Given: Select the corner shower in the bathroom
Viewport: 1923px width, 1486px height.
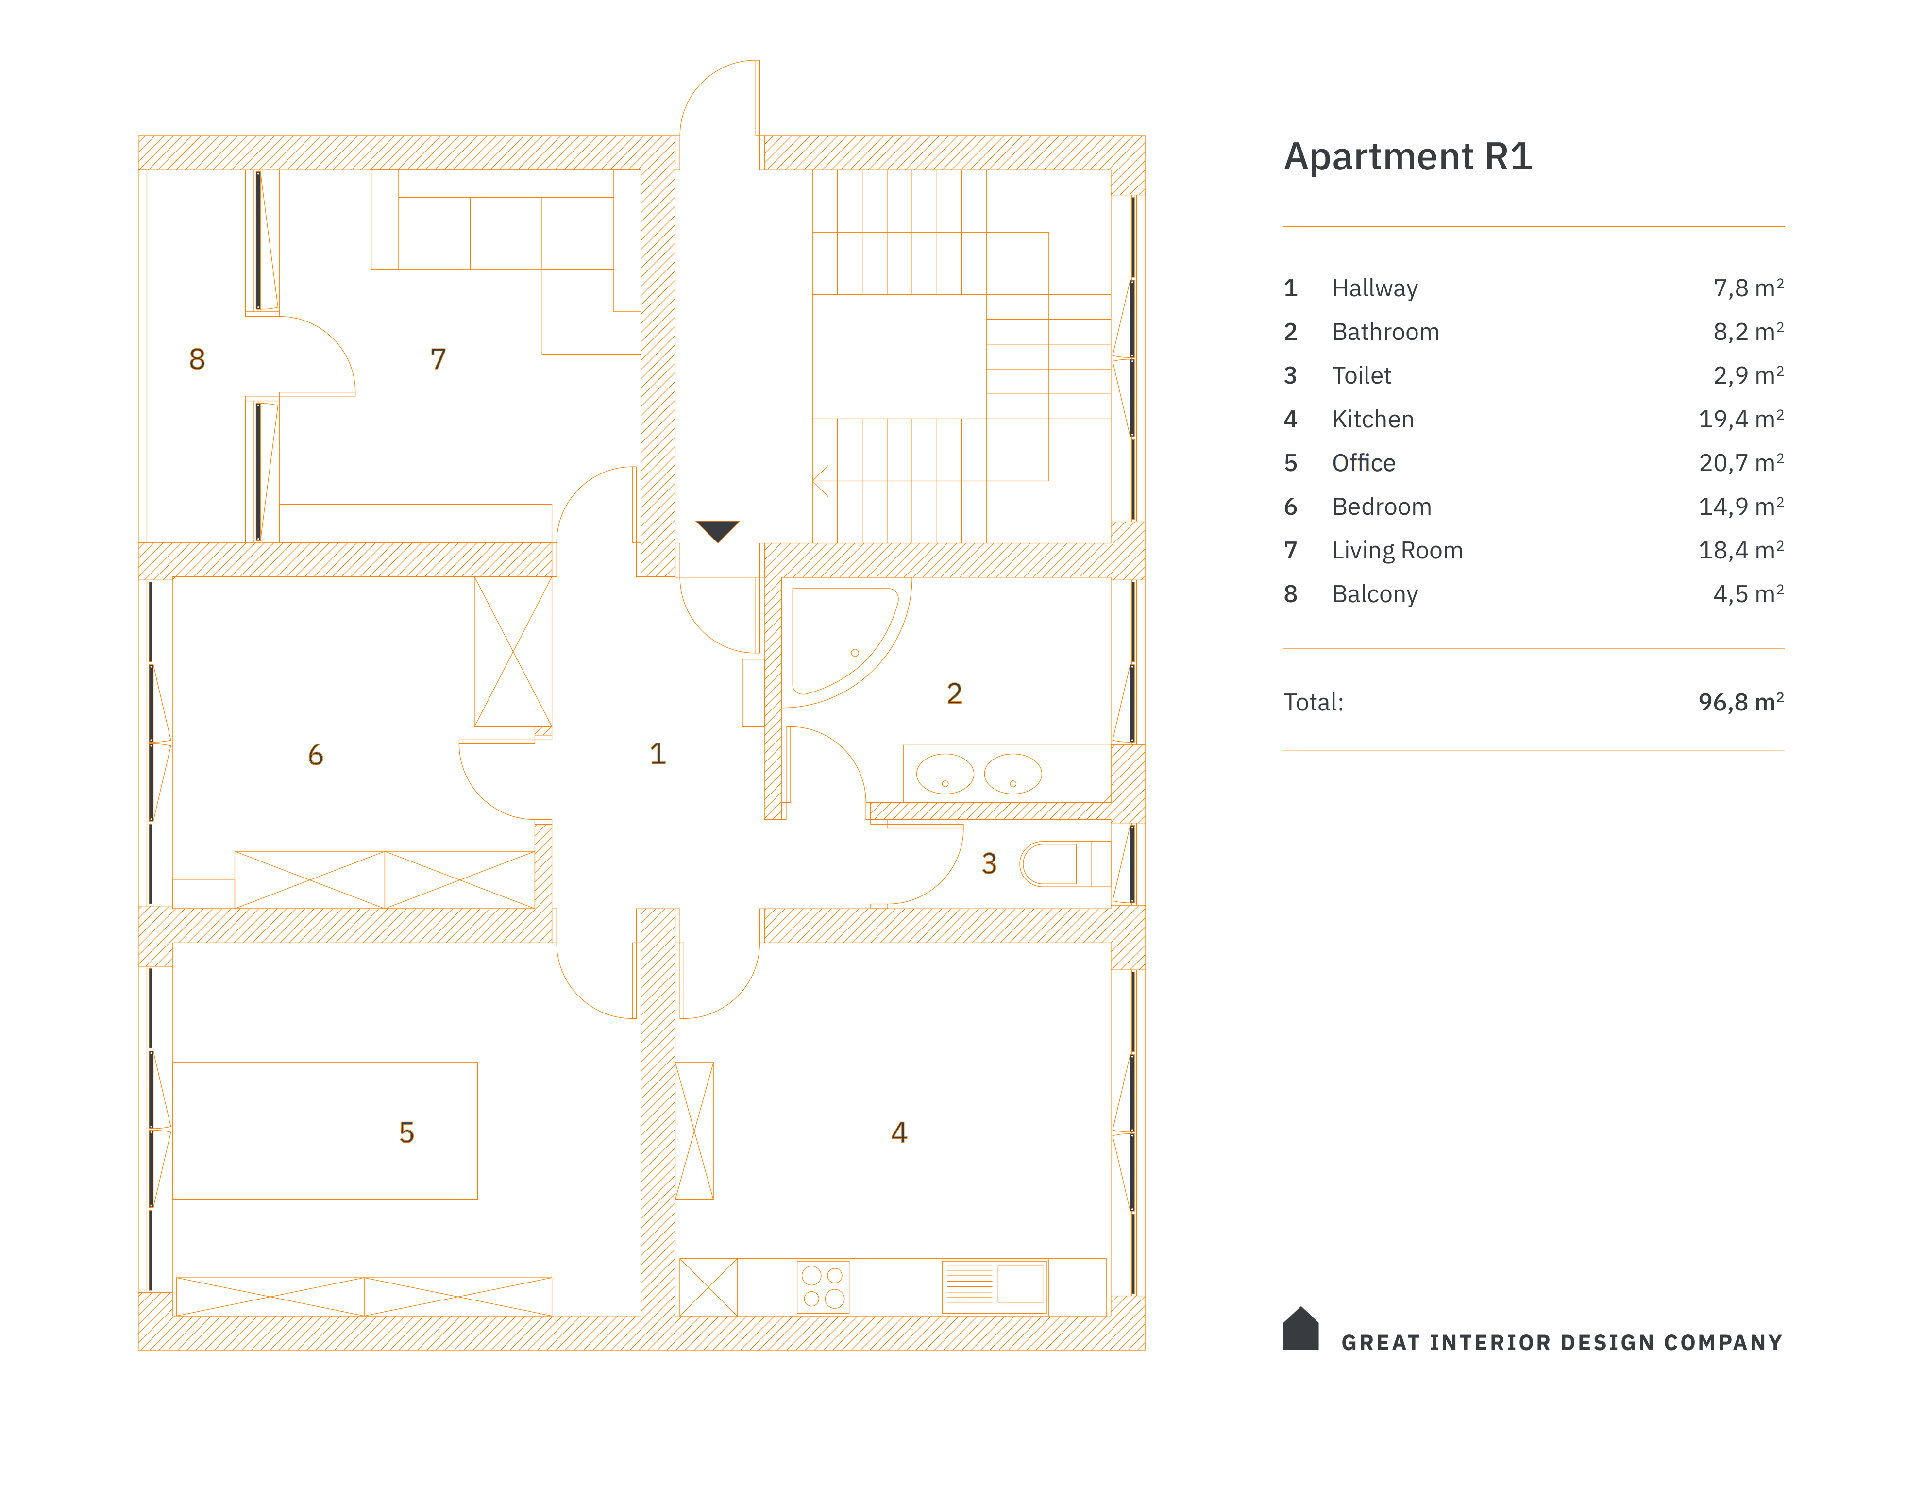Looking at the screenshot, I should (x=837, y=640).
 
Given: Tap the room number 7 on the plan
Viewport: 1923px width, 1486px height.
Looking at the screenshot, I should (x=438, y=359).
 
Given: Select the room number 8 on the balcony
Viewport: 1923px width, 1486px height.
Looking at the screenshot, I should (x=197, y=359).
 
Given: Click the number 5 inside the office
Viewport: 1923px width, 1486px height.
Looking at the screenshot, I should (x=406, y=1132).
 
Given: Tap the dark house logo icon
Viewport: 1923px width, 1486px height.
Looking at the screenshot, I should (x=1300, y=1329).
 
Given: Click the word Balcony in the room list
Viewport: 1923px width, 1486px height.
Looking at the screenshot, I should (x=1374, y=594).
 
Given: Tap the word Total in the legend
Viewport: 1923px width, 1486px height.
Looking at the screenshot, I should (x=1313, y=703).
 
